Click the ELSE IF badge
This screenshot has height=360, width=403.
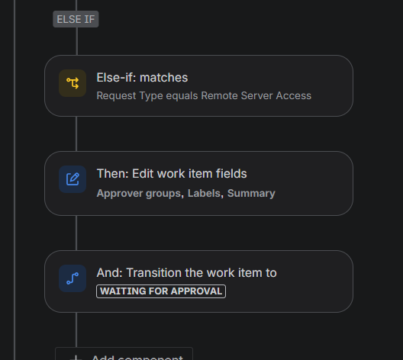click(76, 19)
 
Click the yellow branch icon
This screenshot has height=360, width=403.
click(73, 83)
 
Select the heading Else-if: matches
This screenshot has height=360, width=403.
click(142, 78)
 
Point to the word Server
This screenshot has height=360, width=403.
click(256, 96)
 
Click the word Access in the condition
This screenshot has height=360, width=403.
click(294, 96)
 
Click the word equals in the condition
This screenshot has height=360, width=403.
click(182, 96)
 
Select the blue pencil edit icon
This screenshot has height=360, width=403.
click(73, 179)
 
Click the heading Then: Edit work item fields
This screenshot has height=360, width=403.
click(172, 174)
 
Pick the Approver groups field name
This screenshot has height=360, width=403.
click(139, 194)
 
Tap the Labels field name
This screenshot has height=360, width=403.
click(204, 194)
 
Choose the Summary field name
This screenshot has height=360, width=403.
click(251, 194)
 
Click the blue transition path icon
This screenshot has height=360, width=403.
click(73, 278)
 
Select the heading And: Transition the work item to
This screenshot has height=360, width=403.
click(186, 273)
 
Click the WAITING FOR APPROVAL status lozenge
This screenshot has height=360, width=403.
click(161, 291)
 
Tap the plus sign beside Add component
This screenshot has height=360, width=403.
click(76, 358)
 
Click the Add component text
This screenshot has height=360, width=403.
click(137, 357)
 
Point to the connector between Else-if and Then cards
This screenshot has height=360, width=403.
click(76, 133)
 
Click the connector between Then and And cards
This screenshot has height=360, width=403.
click(76, 233)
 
